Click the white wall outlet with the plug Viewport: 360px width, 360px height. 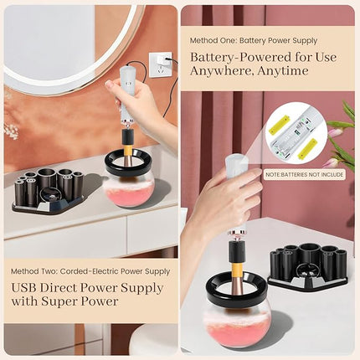(160, 63)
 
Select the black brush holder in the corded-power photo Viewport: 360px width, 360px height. (48, 189)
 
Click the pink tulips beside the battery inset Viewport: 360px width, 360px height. (342, 134)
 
